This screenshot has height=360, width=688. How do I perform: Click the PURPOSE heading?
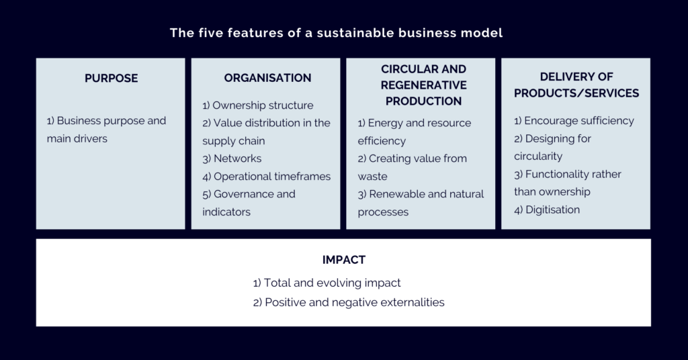(x=111, y=78)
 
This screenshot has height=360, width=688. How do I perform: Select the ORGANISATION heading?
(x=267, y=78)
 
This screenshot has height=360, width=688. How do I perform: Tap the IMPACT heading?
(x=343, y=259)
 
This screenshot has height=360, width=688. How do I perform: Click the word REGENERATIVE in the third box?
(x=423, y=85)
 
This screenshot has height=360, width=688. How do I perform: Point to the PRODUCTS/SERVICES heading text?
(x=576, y=93)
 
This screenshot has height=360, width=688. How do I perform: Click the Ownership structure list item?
(x=257, y=105)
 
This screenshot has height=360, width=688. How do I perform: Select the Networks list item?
(x=232, y=159)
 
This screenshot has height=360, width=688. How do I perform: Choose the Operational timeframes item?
(x=266, y=176)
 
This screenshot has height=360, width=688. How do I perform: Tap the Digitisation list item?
(x=547, y=210)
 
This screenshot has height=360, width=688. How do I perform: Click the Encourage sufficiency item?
(x=574, y=121)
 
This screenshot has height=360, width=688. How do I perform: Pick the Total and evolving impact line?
(x=327, y=283)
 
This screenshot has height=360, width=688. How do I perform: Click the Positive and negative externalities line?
(x=349, y=302)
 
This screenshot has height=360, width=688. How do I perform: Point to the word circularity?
(x=538, y=156)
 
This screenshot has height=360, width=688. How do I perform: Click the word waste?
(x=372, y=176)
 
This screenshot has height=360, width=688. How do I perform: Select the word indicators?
(x=226, y=212)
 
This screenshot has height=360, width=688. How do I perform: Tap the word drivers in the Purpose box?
(x=92, y=138)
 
